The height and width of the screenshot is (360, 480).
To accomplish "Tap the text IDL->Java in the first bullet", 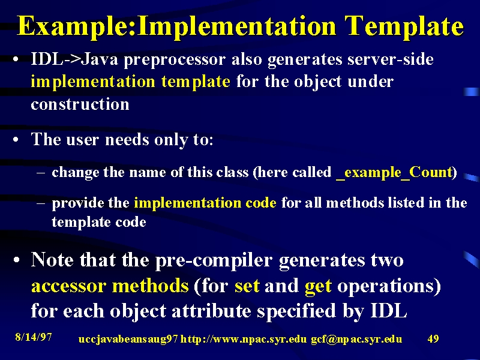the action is (x=74, y=59).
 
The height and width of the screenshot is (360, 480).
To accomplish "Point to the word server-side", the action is (x=391, y=59).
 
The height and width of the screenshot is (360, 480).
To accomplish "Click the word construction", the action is (x=80, y=104).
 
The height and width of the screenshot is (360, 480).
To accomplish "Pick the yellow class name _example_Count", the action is (x=394, y=173).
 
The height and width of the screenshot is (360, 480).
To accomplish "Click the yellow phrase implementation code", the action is (x=205, y=203).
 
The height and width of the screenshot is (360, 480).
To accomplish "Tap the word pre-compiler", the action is (x=214, y=261).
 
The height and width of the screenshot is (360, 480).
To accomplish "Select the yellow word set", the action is (x=247, y=286).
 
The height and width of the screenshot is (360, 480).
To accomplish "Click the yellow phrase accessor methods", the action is (x=110, y=286).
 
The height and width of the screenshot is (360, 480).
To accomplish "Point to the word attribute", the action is (x=211, y=311).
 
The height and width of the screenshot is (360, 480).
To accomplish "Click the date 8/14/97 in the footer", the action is (x=34, y=337).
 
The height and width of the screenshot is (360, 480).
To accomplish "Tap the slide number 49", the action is (x=433, y=338).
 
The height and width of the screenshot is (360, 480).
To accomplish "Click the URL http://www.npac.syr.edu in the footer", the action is (x=244, y=339).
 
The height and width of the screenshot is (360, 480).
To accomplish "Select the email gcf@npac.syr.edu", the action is (x=356, y=339).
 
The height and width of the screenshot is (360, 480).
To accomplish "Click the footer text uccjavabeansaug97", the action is (x=128, y=339).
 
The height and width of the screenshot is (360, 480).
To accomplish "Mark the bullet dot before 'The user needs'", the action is (x=16, y=140).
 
